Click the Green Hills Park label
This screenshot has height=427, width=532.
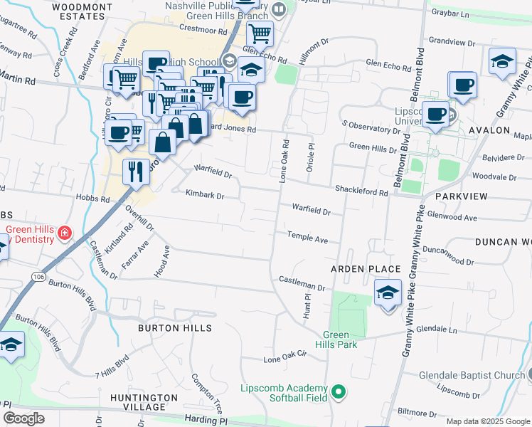[336, 340]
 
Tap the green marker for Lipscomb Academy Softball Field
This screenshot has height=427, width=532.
[339, 392]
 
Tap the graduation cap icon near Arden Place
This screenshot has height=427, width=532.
[388, 293]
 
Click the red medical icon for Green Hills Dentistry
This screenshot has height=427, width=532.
[65, 233]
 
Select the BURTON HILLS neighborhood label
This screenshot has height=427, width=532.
[174, 328]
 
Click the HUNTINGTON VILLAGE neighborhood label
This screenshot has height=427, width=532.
[144, 402]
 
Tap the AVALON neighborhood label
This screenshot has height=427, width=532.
[489, 130]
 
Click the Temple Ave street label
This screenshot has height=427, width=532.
[307, 237]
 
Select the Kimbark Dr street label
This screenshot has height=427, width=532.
[205, 194]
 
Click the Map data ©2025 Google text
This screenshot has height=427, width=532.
[487, 421]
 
